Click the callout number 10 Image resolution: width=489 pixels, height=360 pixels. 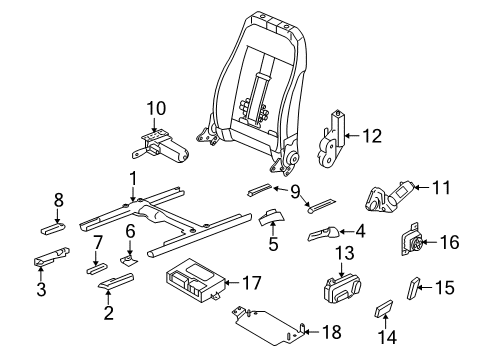pos(156,108)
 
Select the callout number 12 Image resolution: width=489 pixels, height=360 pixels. pos(372,136)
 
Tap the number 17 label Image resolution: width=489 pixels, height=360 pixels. pos(251,283)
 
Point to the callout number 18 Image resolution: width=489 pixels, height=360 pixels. pos(332,332)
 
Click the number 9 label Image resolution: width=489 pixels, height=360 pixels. pos(295,192)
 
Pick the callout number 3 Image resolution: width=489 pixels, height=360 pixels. pos(41,289)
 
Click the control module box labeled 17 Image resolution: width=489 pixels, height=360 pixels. pos(194,281)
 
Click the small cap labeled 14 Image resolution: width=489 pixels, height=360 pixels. pos(384,308)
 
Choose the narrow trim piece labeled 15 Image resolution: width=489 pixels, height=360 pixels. pos(413,288)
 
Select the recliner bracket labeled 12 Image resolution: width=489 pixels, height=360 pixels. pos(330,139)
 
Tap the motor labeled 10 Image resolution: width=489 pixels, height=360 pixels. pos(161,147)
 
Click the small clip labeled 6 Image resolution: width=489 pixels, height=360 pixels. pos(129,259)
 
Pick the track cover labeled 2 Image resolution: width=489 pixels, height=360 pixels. pos(116,281)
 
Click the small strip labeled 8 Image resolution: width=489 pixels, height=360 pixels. pos(53,229)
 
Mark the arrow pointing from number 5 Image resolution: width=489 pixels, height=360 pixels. pos(273,229)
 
